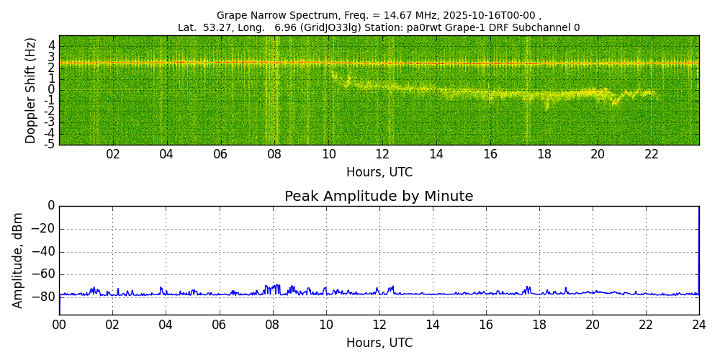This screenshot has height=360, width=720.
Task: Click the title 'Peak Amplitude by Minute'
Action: click(x=379, y=197)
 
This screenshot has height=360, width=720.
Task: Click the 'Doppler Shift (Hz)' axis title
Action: click(x=31, y=91)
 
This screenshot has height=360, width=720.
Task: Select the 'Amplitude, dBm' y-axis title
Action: click(x=19, y=260)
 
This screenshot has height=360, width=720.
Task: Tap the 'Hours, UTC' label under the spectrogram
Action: click(x=379, y=173)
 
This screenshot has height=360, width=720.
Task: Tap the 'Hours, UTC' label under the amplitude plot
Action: click(x=379, y=343)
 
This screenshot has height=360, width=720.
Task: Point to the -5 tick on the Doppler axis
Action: click(x=50, y=144)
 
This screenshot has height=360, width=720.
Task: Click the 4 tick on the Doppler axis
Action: click(x=52, y=45)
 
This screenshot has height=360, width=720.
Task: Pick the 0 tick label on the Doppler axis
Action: click(x=52, y=90)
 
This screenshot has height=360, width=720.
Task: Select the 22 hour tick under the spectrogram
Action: click(x=652, y=154)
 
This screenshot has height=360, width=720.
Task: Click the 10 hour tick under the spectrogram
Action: click(x=328, y=154)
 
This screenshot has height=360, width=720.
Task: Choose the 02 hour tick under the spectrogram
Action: click(x=113, y=154)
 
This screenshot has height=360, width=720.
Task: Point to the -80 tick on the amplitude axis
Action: click(x=43, y=297)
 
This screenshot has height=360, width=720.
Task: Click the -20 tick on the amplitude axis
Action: click(x=43, y=229)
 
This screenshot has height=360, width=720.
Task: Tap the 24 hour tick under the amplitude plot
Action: click(x=698, y=324)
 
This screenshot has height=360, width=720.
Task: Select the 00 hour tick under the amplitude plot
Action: click(x=59, y=324)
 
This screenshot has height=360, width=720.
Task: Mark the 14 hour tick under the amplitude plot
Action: click(x=432, y=324)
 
